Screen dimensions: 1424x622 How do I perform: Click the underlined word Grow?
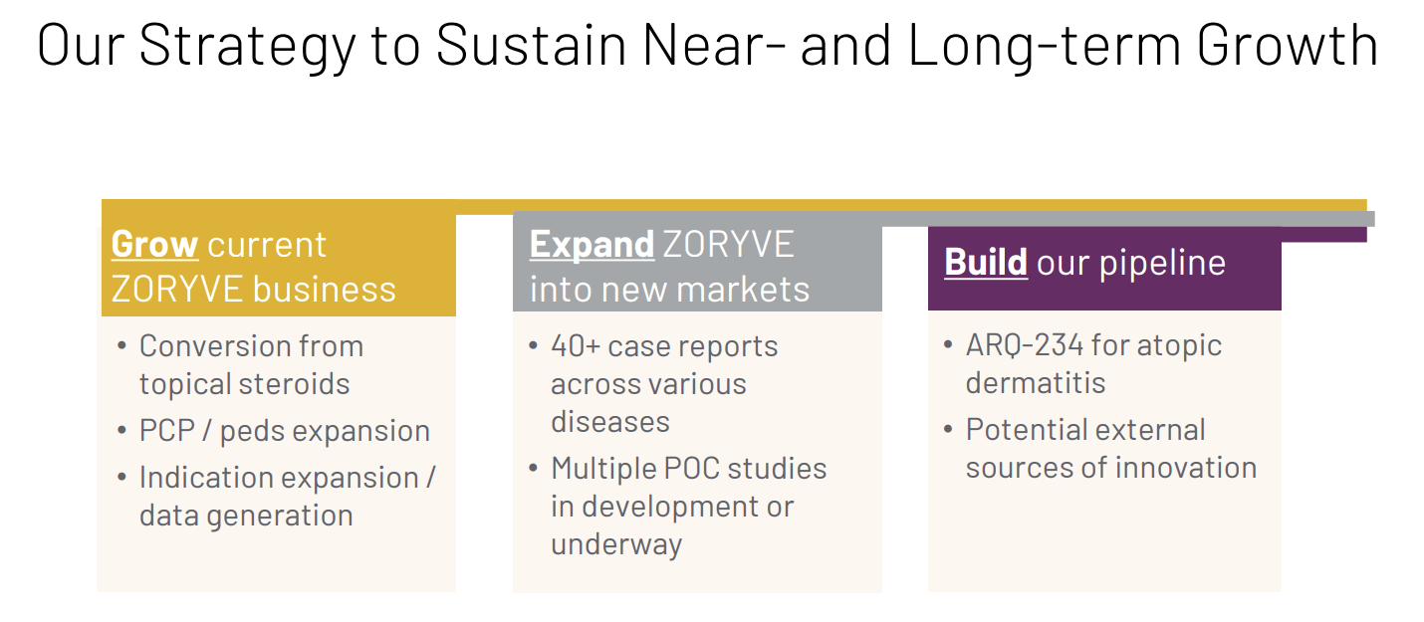click(154, 245)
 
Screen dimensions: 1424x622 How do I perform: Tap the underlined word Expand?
click(592, 246)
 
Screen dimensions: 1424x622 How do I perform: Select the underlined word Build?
click(986, 262)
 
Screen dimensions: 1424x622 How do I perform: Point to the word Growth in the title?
click(1288, 45)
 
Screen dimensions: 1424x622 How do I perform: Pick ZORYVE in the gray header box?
click(729, 245)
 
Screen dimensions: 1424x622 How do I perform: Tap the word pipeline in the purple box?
click(1163, 264)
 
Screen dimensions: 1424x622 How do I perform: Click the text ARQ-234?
click(1025, 345)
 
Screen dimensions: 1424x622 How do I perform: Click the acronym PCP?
click(167, 431)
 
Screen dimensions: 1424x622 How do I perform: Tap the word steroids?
click(294, 384)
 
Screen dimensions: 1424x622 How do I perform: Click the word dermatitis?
click(1036, 383)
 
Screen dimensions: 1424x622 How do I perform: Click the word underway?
click(616, 545)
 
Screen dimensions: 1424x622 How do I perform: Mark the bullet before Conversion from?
click(122, 346)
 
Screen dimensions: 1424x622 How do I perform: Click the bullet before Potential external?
click(948, 430)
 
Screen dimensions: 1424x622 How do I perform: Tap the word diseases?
click(610, 422)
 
